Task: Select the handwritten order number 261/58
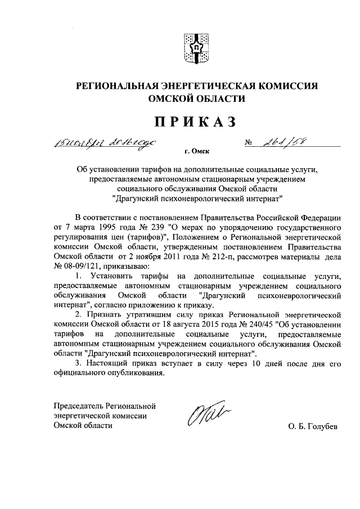286,141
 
